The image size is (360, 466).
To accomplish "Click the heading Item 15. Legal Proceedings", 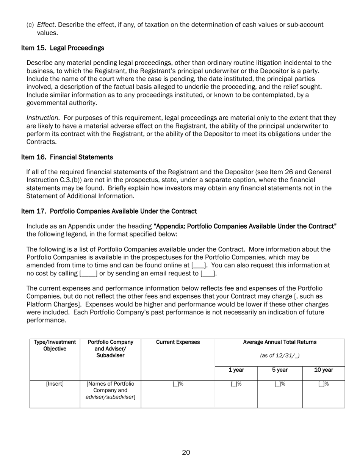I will (x=63, y=48).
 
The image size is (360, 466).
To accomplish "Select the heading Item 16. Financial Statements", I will (x=67, y=157).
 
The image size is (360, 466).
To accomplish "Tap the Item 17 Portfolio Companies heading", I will (x=109, y=211).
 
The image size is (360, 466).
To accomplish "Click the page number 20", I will (x=186, y=452).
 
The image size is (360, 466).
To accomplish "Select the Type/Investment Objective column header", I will (x=55, y=345).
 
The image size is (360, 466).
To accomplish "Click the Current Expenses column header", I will (x=178, y=342).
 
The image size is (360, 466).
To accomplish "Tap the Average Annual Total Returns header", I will (x=280, y=342).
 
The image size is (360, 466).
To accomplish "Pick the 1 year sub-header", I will (x=236, y=370).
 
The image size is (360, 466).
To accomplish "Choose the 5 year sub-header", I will (x=280, y=370).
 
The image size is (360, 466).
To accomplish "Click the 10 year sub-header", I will (x=324, y=370).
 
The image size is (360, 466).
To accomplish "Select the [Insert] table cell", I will (x=55, y=384).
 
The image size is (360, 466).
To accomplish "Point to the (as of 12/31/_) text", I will (x=280, y=356).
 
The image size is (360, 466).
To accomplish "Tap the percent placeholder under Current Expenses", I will (x=178, y=384).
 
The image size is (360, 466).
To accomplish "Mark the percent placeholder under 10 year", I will (x=324, y=384).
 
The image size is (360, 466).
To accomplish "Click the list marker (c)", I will (x=30, y=25).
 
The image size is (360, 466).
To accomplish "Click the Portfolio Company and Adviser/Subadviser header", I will (x=110, y=349).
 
